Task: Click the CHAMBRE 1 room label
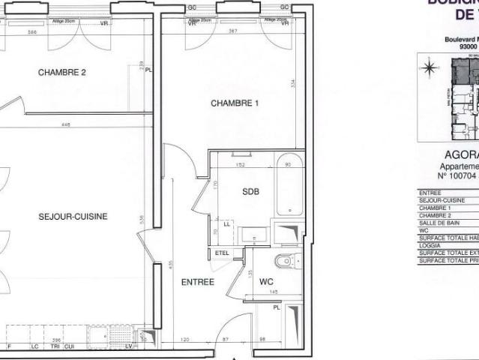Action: point(235,103)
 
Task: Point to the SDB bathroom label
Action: point(251,192)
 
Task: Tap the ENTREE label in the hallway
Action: point(199,283)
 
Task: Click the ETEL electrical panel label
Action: point(222,253)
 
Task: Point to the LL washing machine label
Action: point(227,223)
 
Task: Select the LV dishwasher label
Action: point(128,346)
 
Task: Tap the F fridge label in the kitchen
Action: point(7,346)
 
